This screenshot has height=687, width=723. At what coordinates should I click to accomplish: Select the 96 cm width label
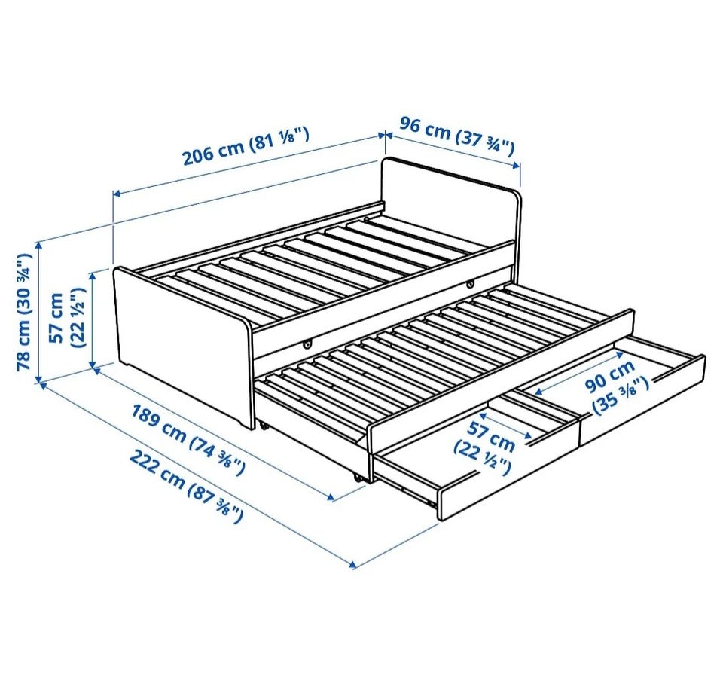(456, 136)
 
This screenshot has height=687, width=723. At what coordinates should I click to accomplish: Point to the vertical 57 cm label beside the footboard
(67, 317)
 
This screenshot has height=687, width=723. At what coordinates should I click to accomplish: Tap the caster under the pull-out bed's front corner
(358, 478)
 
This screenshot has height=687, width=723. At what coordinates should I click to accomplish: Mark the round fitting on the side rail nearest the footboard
(307, 343)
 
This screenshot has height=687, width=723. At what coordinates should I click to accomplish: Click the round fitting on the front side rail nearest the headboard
(470, 282)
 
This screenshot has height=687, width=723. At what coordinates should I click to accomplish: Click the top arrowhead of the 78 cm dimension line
(40, 243)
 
